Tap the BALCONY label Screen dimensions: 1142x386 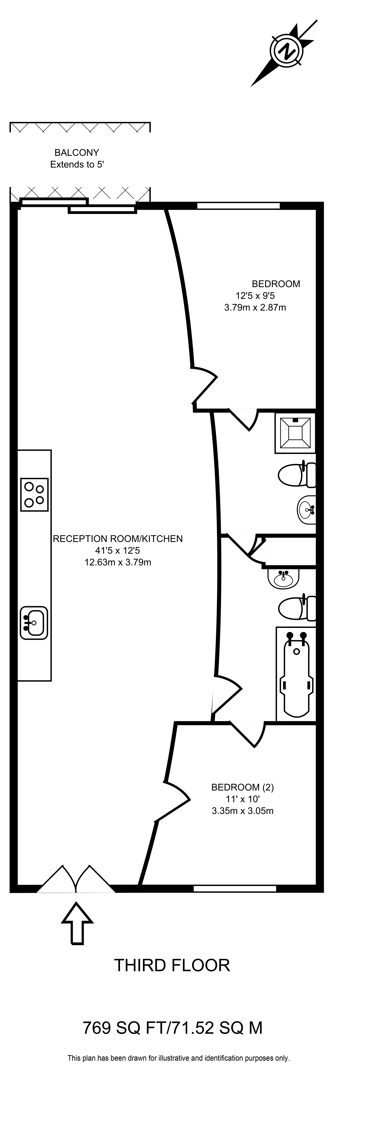point(76,152)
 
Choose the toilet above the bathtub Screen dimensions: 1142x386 point(297,608)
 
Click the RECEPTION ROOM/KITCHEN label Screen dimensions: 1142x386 point(118,539)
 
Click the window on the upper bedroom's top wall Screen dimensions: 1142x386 point(238,205)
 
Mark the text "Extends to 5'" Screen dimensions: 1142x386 point(77,164)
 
